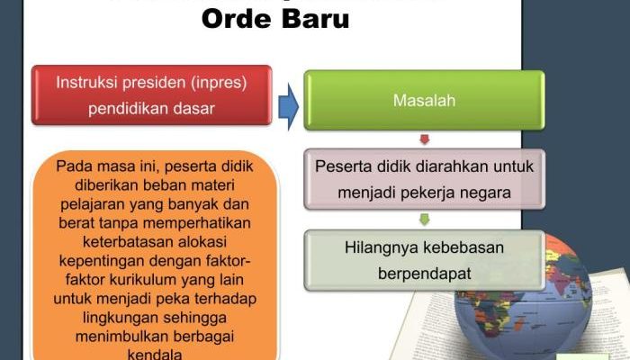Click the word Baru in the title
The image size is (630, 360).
(314, 17)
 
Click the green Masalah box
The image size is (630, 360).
(424, 100)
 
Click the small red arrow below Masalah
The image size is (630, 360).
(424, 139)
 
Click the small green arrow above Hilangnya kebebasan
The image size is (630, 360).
(424, 219)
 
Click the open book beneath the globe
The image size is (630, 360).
(432, 328)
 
